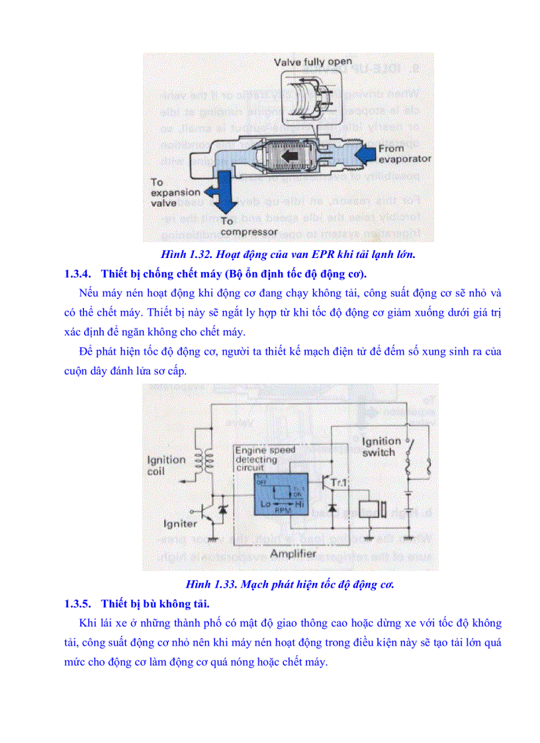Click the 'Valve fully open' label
314,62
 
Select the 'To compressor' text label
249,227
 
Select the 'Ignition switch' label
381,447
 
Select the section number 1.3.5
77,603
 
